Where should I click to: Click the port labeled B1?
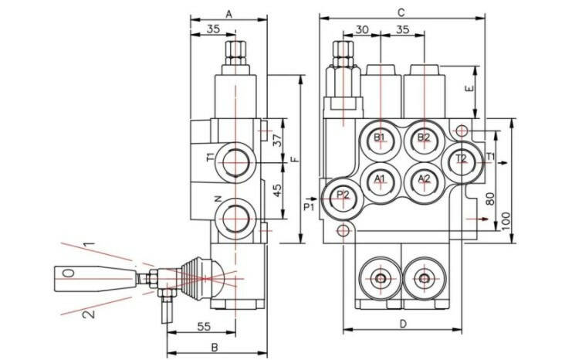(379, 138)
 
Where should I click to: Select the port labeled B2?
(423, 138)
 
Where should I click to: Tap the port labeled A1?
(379, 178)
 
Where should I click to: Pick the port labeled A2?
(423, 178)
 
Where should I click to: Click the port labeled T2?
(461, 159)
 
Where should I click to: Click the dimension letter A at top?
(229, 13)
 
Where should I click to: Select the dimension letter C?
(401, 13)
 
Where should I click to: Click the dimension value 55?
(204, 327)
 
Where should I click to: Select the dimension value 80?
(489, 199)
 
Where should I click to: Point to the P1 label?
(308, 206)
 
